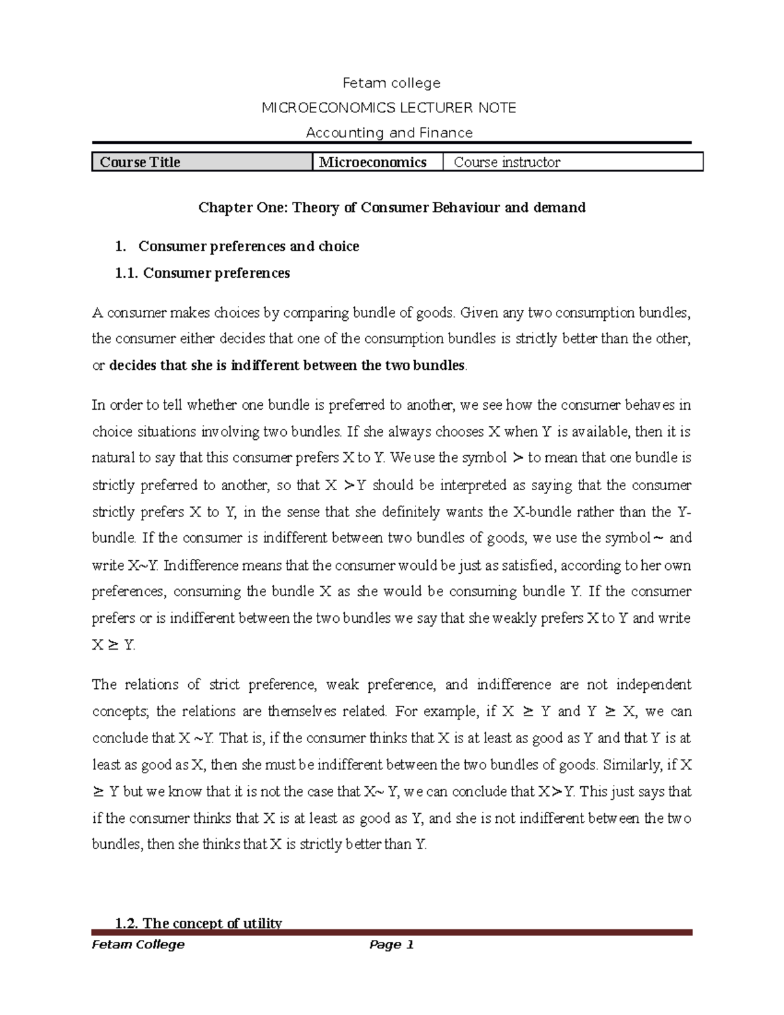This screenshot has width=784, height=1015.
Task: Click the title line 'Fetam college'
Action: click(391, 83)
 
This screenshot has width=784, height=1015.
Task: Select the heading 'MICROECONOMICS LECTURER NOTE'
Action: click(389, 108)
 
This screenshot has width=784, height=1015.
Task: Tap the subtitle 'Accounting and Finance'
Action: click(389, 133)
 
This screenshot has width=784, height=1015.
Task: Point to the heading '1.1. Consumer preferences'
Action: click(202, 273)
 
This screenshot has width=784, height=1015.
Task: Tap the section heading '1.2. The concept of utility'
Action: click(198, 923)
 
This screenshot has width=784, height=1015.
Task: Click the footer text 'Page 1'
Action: click(392, 944)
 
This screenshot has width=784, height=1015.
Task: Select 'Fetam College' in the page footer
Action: click(139, 944)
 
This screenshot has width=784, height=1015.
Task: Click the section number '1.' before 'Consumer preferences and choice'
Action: click(119, 246)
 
